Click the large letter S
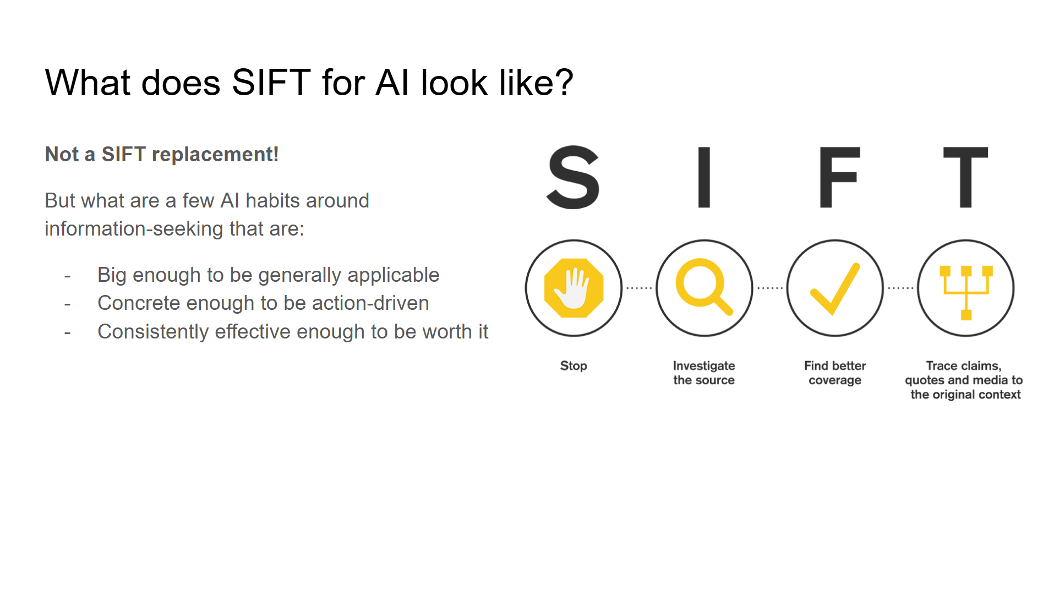(573, 177)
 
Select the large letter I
(704, 177)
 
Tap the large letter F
(837, 177)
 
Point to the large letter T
(965, 177)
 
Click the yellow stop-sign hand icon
(574, 288)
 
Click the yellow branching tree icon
(966, 291)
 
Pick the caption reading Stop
(574, 366)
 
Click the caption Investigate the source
(704, 373)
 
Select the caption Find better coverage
(835, 373)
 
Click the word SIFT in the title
(271, 83)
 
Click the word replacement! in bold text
(215, 155)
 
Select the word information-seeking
(134, 229)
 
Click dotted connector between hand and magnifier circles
(639, 288)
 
